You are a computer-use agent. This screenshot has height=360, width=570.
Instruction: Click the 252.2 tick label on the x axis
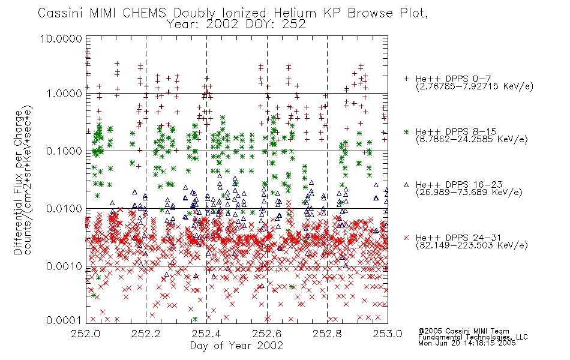point(146,334)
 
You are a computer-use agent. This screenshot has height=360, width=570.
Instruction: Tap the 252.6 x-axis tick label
point(267,334)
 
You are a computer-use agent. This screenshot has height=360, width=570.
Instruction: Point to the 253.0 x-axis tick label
point(388,334)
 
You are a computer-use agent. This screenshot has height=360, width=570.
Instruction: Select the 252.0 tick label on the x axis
point(85,334)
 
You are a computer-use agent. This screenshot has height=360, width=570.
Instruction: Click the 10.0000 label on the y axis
point(61,38)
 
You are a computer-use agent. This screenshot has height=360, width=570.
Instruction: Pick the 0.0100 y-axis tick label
point(64,209)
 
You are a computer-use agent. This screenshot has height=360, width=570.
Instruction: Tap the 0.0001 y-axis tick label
point(64,320)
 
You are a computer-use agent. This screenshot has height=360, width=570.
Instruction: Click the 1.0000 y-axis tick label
point(64,94)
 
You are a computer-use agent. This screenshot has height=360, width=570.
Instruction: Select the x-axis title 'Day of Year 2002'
point(236,346)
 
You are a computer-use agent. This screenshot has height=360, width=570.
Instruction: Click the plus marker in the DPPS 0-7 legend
point(406,79)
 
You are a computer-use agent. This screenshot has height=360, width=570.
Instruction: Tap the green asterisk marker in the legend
point(406,131)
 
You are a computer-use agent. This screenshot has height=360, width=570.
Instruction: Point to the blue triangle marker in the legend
point(406,185)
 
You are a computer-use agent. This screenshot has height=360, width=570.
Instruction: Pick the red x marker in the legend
point(406,238)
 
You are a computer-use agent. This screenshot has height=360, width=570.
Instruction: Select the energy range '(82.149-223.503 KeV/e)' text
point(472,245)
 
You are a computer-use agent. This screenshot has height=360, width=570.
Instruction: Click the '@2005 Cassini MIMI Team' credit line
point(464,331)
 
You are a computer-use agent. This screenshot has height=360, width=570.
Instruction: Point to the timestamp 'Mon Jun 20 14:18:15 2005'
point(467,343)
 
